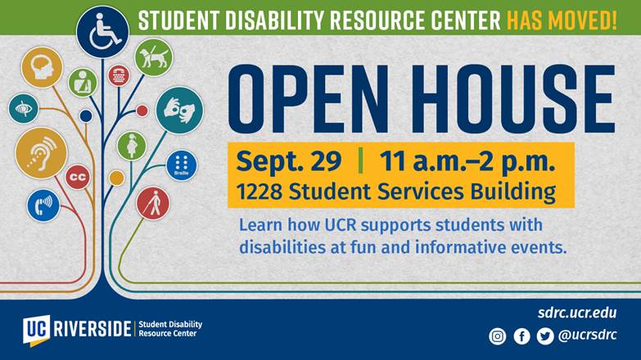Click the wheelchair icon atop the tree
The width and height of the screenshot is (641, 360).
[102, 32]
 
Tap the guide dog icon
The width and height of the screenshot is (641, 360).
[154, 57]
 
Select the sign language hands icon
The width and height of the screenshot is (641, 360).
[179, 110]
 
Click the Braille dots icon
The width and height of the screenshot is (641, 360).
[182, 165]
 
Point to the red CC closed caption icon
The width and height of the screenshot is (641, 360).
[78, 177]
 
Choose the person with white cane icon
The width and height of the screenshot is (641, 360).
[153, 204]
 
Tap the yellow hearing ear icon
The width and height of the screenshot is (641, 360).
[41, 153]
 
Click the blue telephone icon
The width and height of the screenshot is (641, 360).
[43, 205]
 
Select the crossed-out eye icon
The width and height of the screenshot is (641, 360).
[23, 109]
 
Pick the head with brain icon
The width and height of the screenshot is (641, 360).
[42, 67]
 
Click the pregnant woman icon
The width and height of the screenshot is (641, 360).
[132, 146]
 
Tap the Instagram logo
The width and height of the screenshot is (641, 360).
[497, 336]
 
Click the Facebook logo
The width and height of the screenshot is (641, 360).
[521, 336]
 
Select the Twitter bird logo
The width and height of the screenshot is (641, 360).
[545, 336]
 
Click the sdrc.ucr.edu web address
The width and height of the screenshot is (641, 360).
[577, 313]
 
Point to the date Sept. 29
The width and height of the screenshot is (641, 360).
[289, 160]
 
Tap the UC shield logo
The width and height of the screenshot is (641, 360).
[37, 330]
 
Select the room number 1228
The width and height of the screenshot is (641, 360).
[260, 191]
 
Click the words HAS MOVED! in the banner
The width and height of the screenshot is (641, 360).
[562, 20]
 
